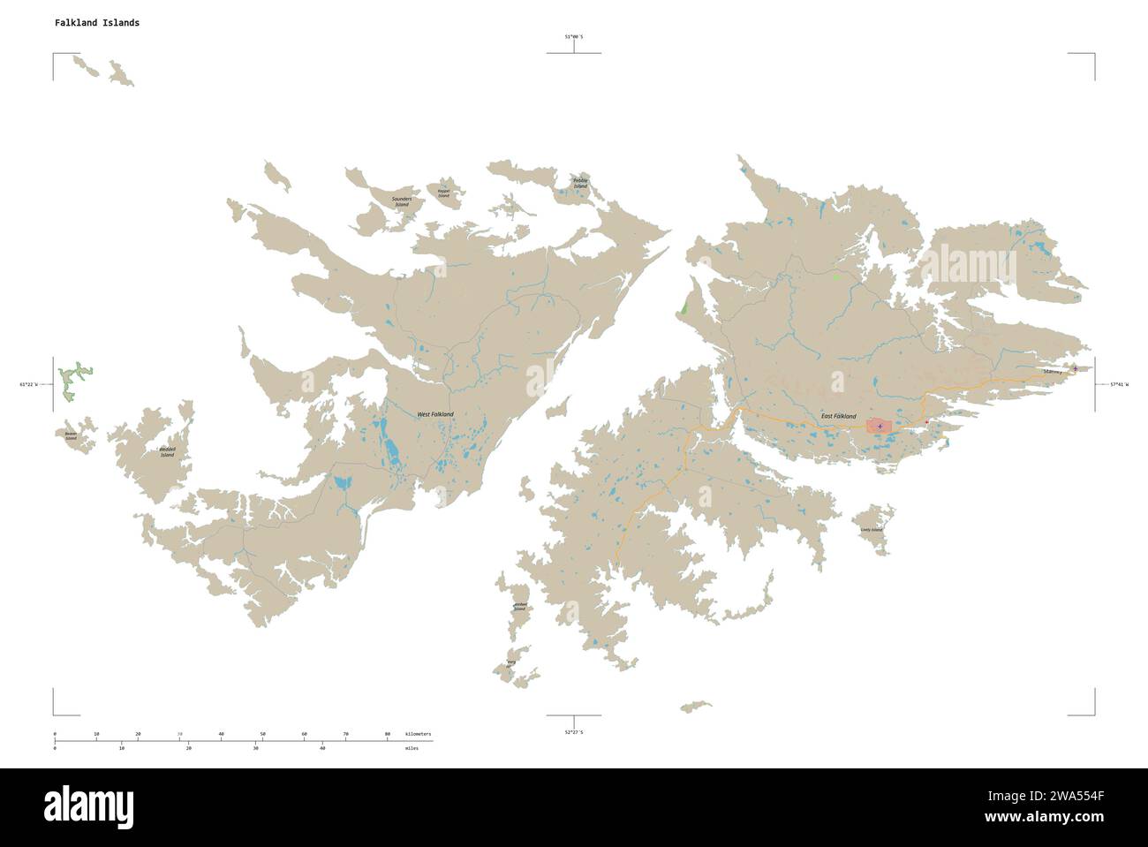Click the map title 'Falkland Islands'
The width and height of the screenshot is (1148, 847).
tap(97, 23)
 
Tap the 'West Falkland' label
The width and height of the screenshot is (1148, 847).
tap(435, 414)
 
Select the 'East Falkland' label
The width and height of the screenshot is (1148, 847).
tap(838, 415)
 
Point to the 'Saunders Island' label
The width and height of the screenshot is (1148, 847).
tap(407, 201)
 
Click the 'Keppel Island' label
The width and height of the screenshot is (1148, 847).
tap(443, 193)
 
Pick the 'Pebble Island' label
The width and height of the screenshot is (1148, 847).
tap(580, 184)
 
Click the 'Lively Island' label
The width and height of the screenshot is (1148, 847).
tap(871, 530)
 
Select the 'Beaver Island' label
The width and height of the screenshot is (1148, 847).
tap(71, 435)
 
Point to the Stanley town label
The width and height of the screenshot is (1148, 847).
tap(1052, 373)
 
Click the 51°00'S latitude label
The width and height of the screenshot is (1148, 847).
tap(574, 36)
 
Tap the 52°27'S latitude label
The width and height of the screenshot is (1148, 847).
tap(574, 733)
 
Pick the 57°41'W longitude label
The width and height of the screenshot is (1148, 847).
tap(1119, 384)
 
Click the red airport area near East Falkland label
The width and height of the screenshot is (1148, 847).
tap(880, 427)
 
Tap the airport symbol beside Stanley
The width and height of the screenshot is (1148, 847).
tap(1075, 368)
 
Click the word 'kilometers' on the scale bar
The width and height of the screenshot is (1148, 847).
tap(419, 734)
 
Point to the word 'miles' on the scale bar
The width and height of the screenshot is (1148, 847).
tap(413, 748)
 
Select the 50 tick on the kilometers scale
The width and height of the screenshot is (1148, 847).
tap(262, 734)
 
